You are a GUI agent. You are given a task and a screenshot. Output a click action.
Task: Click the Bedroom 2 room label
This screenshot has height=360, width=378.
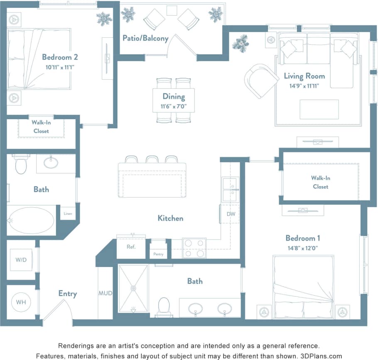pyautogui.click(x=60, y=57)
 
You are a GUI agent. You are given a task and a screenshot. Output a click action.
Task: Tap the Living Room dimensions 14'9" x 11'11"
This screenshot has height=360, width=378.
pyautogui.click(x=304, y=86)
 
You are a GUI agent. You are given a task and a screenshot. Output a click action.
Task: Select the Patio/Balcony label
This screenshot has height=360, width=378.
pyautogui.click(x=145, y=38)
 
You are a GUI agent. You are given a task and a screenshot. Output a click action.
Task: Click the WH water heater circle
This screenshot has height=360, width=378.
pyautogui.click(x=21, y=302)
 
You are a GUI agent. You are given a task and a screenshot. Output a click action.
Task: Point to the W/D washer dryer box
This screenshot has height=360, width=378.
pyautogui.click(x=21, y=260)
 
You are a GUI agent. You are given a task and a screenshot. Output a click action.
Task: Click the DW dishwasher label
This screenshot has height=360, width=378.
pyautogui.click(x=231, y=214)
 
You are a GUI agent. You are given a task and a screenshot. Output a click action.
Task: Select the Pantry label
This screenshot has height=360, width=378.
pyautogui.click(x=158, y=254)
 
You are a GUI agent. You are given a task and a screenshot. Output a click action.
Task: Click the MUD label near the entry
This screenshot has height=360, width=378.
pyautogui.click(x=105, y=293)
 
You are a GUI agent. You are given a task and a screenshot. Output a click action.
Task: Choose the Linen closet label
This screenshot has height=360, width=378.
pyautogui.click(x=68, y=213)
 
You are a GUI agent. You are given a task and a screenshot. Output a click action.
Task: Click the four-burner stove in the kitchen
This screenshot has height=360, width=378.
pyautogui.click(x=194, y=248)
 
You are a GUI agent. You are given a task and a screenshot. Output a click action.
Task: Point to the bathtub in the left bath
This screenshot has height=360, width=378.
pyautogui.click(x=31, y=220)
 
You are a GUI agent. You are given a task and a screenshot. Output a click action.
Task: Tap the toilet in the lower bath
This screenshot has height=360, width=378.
pyautogui.click(x=164, y=306)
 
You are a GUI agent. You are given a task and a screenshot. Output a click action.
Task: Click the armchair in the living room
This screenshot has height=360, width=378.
pyautogui.click(x=260, y=81)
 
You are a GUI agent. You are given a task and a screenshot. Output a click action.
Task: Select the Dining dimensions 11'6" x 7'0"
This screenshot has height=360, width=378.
pyautogui.click(x=174, y=106)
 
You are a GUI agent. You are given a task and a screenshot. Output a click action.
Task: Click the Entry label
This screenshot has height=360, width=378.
pyautogui.click(x=67, y=294)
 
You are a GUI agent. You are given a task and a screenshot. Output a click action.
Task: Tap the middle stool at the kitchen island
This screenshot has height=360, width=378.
pyautogui.click(x=152, y=159)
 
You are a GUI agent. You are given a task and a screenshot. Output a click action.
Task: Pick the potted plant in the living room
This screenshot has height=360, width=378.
pyautogui.click(x=241, y=43)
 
